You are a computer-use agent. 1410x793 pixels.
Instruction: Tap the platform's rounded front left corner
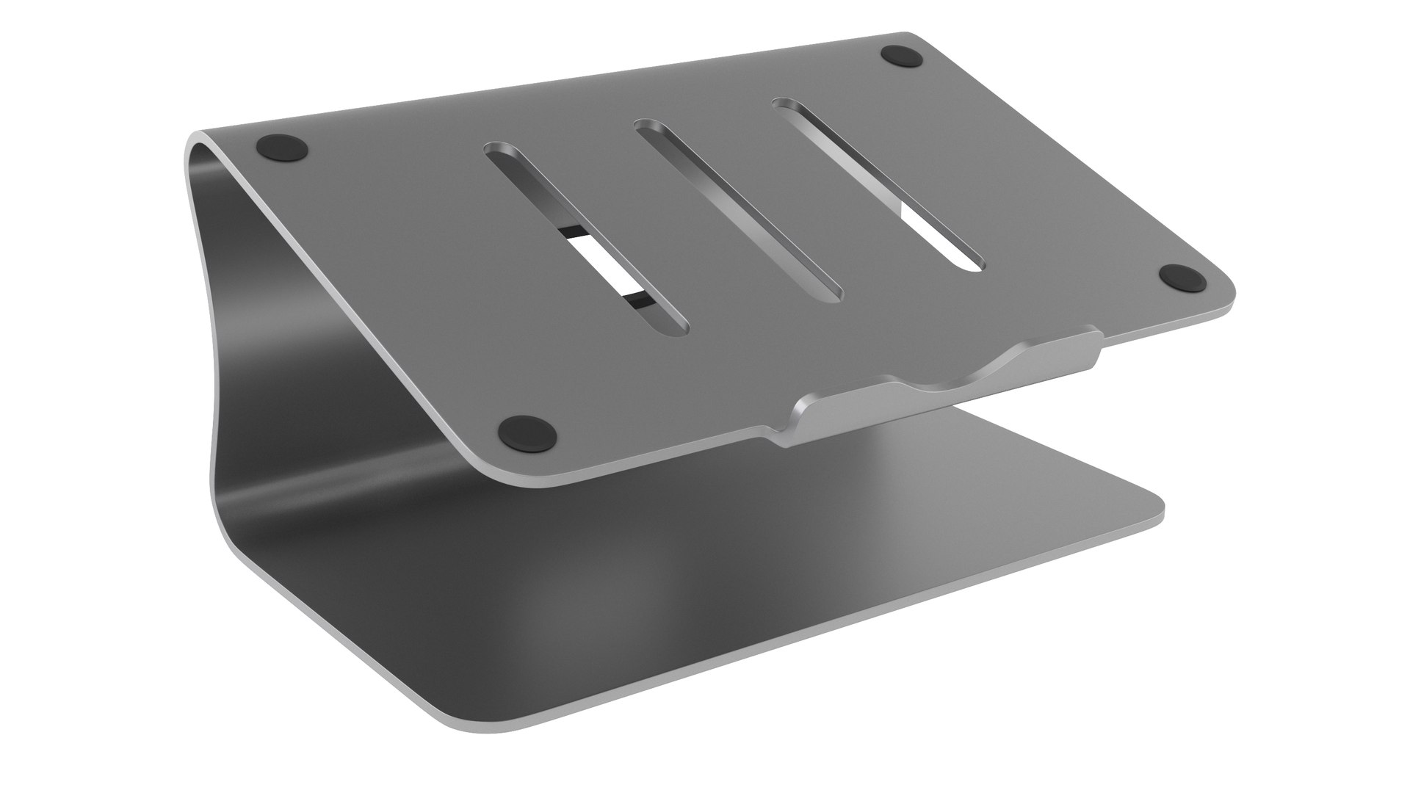click(x=499, y=474)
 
